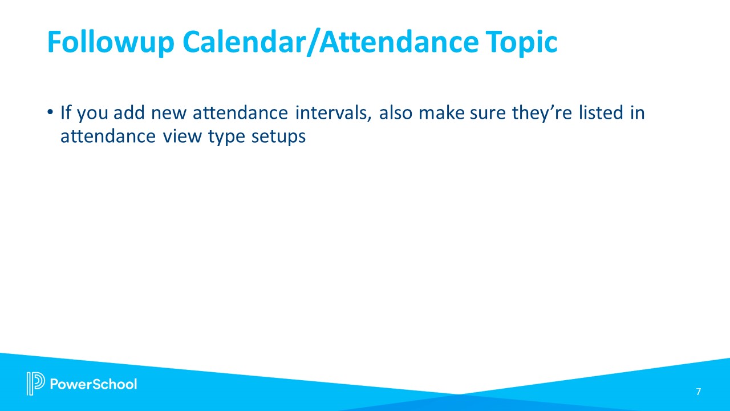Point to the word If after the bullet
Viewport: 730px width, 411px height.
click(x=66, y=113)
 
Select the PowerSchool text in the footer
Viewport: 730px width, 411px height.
click(x=94, y=384)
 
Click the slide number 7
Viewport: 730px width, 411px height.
click(x=698, y=392)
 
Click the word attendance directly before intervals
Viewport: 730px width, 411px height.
click(x=240, y=113)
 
